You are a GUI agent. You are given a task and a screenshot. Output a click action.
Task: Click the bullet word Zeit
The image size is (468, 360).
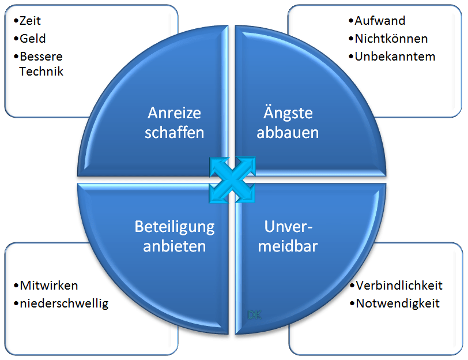click(30, 21)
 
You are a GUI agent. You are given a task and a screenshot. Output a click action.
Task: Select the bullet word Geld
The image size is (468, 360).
click(32, 39)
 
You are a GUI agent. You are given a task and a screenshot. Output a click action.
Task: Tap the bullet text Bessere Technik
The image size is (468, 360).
click(41, 64)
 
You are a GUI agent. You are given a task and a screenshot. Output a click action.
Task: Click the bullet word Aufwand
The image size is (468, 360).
click(380, 21)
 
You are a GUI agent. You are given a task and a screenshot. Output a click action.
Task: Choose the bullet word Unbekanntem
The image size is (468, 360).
click(395, 57)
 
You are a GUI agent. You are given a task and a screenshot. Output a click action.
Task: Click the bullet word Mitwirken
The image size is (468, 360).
click(48, 286)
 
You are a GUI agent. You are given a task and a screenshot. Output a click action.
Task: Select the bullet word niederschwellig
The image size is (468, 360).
click(63, 303)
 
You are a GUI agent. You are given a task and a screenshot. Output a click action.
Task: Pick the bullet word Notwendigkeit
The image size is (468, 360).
click(398, 303)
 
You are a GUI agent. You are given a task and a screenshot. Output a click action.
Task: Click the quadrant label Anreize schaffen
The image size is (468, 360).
click(175, 122)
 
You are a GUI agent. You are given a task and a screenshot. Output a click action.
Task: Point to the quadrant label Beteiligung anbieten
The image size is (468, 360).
click(175, 236)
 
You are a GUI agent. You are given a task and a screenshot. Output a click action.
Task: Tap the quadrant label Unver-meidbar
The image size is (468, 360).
click(288, 236)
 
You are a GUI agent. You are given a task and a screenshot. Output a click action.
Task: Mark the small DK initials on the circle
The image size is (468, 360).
click(254, 315)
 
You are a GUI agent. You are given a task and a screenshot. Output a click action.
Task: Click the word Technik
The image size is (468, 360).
click(41, 72)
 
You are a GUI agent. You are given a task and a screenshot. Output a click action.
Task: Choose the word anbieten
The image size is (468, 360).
click(175, 246)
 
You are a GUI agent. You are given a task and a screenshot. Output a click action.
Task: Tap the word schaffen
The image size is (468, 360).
click(175, 132)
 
